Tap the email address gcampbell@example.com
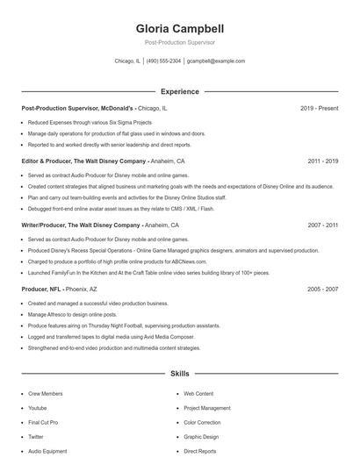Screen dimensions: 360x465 tap(216, 61)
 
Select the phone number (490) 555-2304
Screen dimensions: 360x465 tap(163, 61)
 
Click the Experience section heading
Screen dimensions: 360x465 tap(179, 91)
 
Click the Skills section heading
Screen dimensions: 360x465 tap(179, 374)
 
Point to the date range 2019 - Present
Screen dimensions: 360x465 tap(319, 108)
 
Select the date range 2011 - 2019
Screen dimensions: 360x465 tap(323, 161)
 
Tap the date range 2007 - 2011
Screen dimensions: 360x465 tap(323, 225)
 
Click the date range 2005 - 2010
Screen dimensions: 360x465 tap(323, 289)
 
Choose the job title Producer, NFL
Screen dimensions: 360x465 tap(40, 289)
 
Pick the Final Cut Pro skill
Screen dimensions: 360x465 tap(43, 422)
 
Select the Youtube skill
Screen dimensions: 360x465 tap(37, 408)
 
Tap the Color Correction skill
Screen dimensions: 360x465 tap(203, 422)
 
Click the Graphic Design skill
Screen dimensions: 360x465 tap(201, 436)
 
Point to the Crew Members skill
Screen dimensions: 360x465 tap(45, 394)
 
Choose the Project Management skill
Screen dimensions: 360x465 tap(207, 408)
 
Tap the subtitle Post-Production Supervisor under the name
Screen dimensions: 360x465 tap(179, 42)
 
